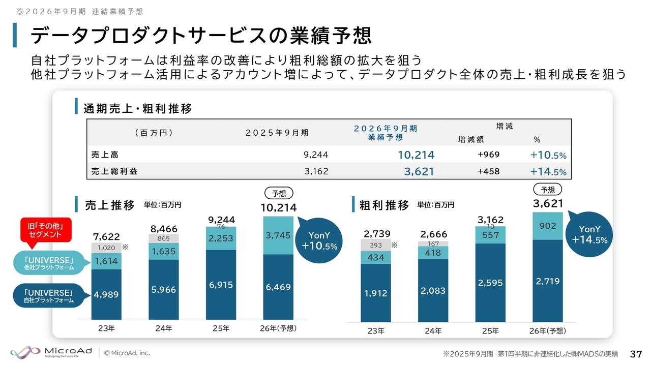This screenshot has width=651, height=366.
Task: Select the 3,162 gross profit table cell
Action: click(x=316, y=171)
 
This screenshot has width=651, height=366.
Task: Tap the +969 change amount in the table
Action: click(x=488, y=155)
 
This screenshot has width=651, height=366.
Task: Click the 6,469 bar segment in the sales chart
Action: click(x=278, y=287)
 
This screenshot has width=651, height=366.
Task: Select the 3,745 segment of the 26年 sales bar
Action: click(x=278, y=235)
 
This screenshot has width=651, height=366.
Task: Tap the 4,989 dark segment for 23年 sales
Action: click(x=106, y=294)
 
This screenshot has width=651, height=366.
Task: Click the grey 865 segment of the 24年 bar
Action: click(x=164, y=238)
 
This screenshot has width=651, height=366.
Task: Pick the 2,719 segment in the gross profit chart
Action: click(x=547, y=281)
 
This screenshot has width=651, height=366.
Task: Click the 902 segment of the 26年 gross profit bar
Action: click(x=547, y=226)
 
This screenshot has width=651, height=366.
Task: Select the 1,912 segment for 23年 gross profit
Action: click(x=376, y=293)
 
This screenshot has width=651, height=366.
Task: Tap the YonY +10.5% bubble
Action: click(x=319, y=240)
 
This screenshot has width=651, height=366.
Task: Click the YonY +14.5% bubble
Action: click(x=589, y=234)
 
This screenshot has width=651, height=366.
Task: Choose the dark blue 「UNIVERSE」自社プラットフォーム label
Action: click(x=49, y=296)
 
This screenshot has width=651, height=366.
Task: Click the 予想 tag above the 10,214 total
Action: click(x=279, y=193)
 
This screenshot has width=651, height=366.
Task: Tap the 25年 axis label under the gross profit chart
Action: click(x=490, y=331)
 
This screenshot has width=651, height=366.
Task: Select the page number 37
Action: click(x=636, y=353)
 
